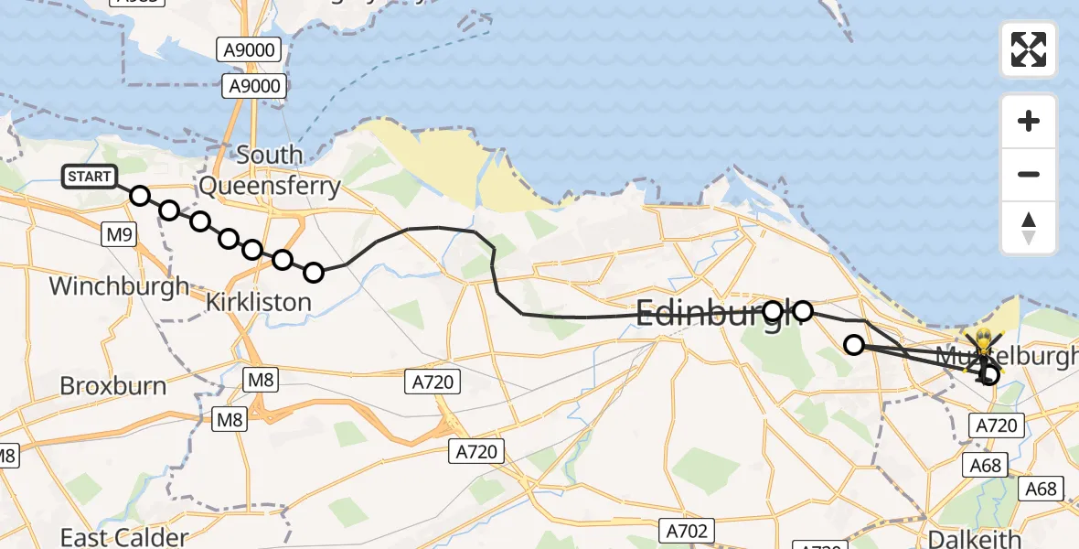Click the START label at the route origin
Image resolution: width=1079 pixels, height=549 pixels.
(x=89, y=177)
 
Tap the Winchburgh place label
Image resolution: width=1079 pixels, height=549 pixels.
(x=119, y=285)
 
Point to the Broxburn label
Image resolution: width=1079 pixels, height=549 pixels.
(x=113, y=385)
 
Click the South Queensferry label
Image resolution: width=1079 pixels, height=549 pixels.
(x=270, y=171)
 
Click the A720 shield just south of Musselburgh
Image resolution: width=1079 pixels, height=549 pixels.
(x=997, y=425)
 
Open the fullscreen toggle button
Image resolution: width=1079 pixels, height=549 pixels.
(x=1029, y=49)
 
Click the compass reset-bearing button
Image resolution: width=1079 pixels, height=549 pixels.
(x=1029, y=228)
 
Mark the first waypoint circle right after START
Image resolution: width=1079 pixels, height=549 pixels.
(x=140, y=196)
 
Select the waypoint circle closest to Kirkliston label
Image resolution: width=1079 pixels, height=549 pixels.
(x=314, y=272)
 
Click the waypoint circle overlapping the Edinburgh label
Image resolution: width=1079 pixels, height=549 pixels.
(x=774, y=311)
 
